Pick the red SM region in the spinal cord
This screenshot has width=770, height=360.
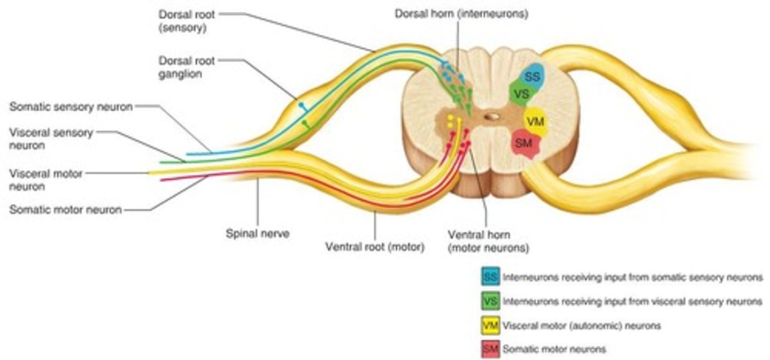coord(525,143)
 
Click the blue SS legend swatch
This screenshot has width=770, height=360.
coord(490,277)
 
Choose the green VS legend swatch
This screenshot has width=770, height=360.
coord(490,302)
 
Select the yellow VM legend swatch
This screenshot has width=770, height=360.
coord(490,325)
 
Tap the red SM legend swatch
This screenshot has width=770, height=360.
coord(490,349)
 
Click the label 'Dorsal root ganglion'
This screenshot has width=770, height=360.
coord(186,67)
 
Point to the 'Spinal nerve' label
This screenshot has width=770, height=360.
coord(258,233)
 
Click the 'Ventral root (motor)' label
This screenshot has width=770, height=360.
coord(374,247)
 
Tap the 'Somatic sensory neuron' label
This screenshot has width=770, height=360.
coord(71,107)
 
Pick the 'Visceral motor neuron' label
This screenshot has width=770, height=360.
coord(46,180)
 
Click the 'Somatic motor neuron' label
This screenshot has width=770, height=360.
coord(65,210)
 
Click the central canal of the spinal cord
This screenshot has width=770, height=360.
coord(492,116)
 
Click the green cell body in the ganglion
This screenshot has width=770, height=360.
coord(305,124)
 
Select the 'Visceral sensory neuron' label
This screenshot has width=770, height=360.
coord(51,139)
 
